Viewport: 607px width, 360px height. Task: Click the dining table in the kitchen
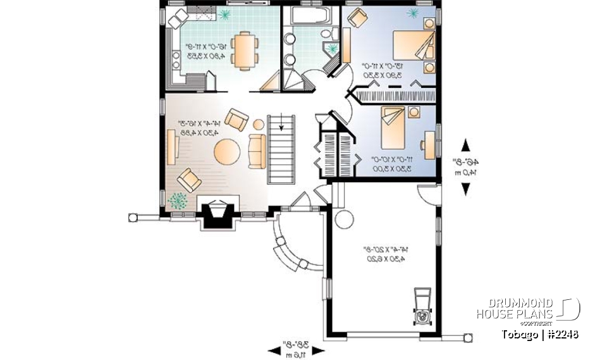coord(243,51)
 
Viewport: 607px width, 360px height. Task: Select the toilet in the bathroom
coord(326,34)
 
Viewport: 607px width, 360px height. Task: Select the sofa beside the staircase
coord(257,152)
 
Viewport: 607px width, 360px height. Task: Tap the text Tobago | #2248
coord(539,334)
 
